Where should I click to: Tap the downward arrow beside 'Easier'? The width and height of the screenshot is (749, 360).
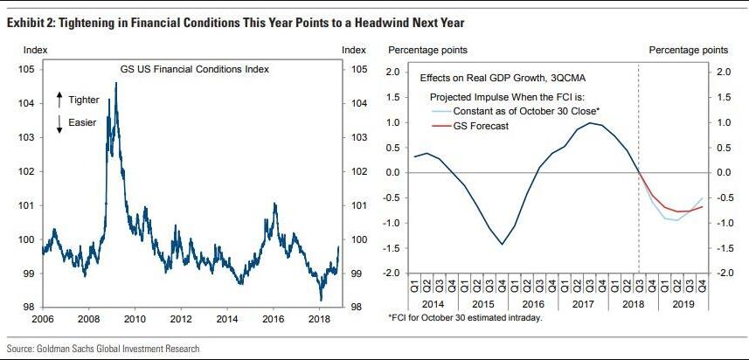coord(59,124)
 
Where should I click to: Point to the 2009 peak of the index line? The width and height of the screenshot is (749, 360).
coord(116,84)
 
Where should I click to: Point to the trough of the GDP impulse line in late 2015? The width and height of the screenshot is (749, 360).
coord(502,244)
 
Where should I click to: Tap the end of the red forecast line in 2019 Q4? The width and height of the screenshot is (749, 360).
coord(703,207)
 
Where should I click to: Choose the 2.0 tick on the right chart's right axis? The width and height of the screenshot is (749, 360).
coord(723,72)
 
